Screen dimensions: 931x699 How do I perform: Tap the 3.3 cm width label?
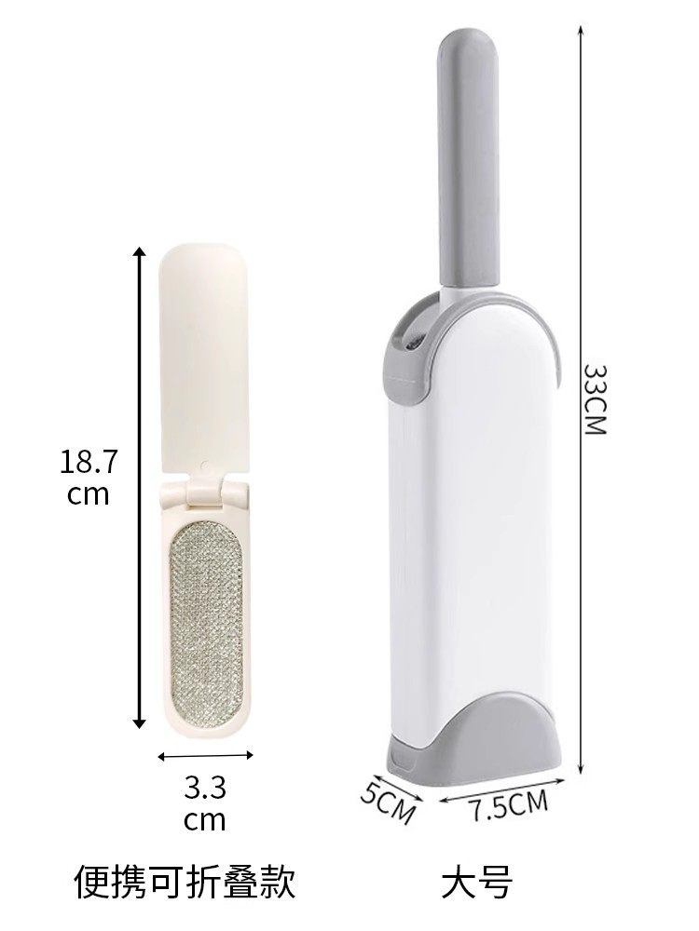click(205, 804)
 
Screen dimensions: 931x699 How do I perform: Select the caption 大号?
click(477, 882)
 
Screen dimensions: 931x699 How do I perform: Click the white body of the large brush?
click(475, 540)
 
